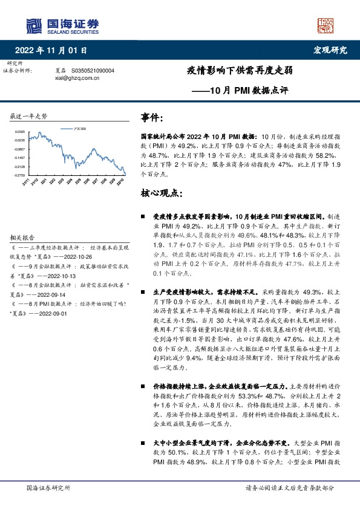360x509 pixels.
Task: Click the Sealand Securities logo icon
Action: point(32,25)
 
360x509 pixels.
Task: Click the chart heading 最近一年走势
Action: point(29,116)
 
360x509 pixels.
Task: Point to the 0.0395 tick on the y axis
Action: point(20,131)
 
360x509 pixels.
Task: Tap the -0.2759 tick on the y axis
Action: point(20,175)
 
